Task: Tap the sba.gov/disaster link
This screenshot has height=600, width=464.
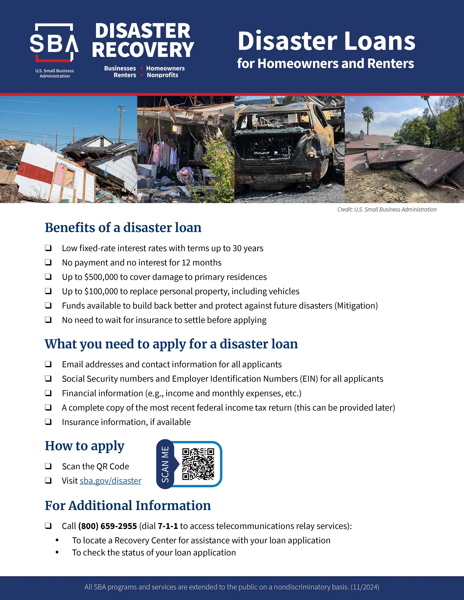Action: pyautogui.click(x=110, y=481)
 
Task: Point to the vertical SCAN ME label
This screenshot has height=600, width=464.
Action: pyautogui.click(x=165, y=464)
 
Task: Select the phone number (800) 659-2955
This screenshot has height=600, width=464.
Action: pyautogui.click(x=108, y=526)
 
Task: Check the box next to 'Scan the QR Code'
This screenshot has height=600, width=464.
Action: pyautogui.click(x=48, y=466)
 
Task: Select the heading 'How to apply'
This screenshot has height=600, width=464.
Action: pyautogui.click(x=85, y=446)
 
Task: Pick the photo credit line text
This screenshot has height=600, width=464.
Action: pyautogui.click(x=387, y=209)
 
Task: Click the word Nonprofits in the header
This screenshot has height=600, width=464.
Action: pyautogui.click(x=162, y=75)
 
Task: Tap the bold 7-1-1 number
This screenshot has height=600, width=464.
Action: pyautogui.click(x=168, y=526)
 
